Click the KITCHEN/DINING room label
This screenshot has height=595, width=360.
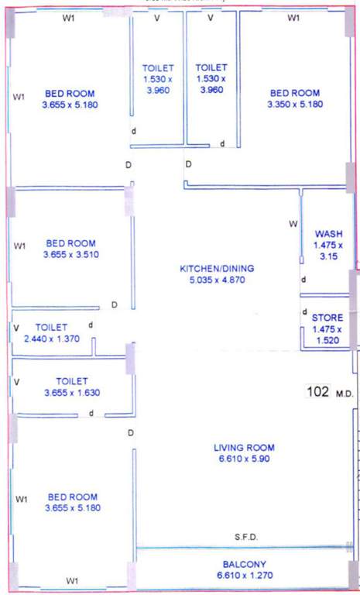tap(217, 269)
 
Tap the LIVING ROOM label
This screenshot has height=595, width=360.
tap(244, 448)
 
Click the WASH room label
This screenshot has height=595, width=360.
tap(328, 234)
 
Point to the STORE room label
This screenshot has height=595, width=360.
tap(327, 318)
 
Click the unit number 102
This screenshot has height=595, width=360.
tap(318, 392)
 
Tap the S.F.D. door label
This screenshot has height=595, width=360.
tap(246, 537)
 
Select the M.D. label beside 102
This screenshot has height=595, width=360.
tap(345, 394)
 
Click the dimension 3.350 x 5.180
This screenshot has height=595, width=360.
tap(293, 105)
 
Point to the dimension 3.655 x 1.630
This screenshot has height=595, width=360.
tap(71, 393)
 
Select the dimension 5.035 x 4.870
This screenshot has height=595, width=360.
tap(217, 280)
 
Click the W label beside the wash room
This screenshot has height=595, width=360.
tap(293, 224)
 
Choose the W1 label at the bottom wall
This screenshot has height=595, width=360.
tap(71, 581)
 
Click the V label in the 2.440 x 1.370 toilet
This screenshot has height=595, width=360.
tap(16, 328)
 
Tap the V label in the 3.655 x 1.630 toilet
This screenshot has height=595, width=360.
tap(16, 382)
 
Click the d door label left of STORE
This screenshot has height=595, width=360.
tap(303, 313)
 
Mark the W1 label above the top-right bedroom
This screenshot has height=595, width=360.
tap(293, 18)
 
